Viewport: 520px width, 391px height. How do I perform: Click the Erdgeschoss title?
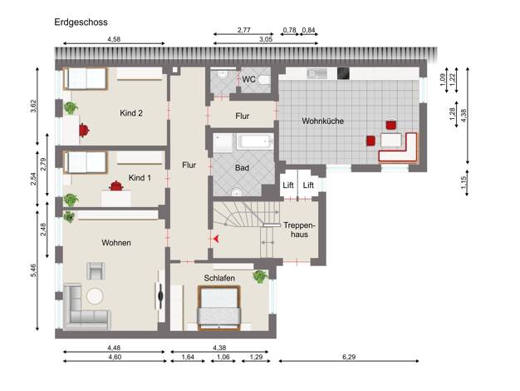(x=81, y=22)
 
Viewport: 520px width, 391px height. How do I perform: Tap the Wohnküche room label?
(x=322, y=121)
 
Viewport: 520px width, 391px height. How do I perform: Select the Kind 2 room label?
(x=131, y=113)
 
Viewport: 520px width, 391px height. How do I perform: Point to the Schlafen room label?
(x=219, y=278)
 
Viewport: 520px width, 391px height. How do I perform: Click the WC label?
(x=248, y=79)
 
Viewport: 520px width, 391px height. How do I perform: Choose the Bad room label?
(x=242, y=168)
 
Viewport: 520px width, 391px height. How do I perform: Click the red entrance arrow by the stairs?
(x=216, y=239)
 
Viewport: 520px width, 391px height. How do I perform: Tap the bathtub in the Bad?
(x=255, y=142)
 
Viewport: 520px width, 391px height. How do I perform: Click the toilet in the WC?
(x=264, y=80)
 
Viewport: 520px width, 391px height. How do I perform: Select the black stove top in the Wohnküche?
(x=343, y=73)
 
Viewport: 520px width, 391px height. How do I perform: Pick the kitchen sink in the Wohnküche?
(x=316, y=73)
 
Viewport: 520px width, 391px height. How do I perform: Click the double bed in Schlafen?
(x=218, y=308)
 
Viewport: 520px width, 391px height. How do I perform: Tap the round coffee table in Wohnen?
(x=95, y=296)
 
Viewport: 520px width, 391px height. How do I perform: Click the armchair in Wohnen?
(x=96, y=270)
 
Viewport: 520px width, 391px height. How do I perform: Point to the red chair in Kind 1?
(x=116, y=186)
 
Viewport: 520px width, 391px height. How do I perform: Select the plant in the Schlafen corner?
(x=260, y=276)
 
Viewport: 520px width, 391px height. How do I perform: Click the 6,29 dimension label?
(x=349, y=357)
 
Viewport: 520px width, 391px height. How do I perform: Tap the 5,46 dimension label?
(x=33, y=270)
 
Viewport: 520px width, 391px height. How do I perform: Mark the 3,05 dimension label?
(x=266, y=39)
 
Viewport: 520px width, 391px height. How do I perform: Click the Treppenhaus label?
(x=299, y=230)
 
